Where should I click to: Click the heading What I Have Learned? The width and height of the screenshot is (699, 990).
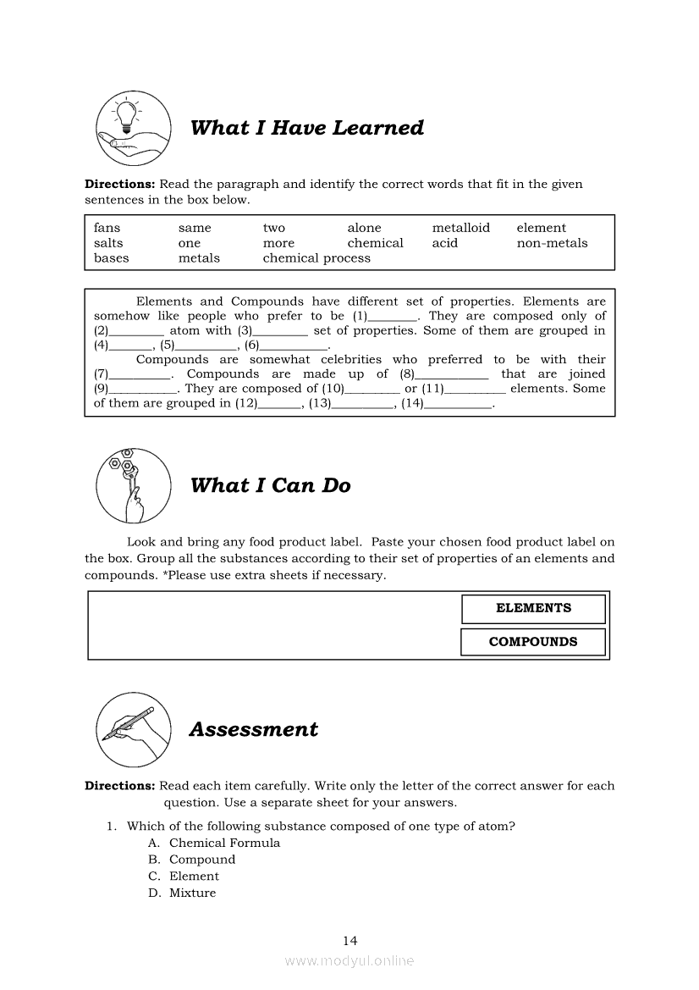(306, 128)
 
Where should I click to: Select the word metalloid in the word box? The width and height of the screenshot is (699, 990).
(460, 228)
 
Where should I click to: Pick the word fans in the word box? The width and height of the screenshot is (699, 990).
(107, 228)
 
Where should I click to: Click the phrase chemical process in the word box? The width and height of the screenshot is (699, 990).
(316, 258)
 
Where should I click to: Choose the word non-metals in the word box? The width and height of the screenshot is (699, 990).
(552, 243)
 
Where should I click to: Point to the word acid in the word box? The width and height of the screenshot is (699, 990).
(444, 243)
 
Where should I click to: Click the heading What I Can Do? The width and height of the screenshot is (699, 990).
(270, 485)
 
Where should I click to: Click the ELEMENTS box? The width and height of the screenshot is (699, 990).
(533, 608)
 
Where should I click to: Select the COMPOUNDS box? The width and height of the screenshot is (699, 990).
(533, 642)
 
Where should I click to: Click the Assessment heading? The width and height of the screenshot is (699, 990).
(254, 729)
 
